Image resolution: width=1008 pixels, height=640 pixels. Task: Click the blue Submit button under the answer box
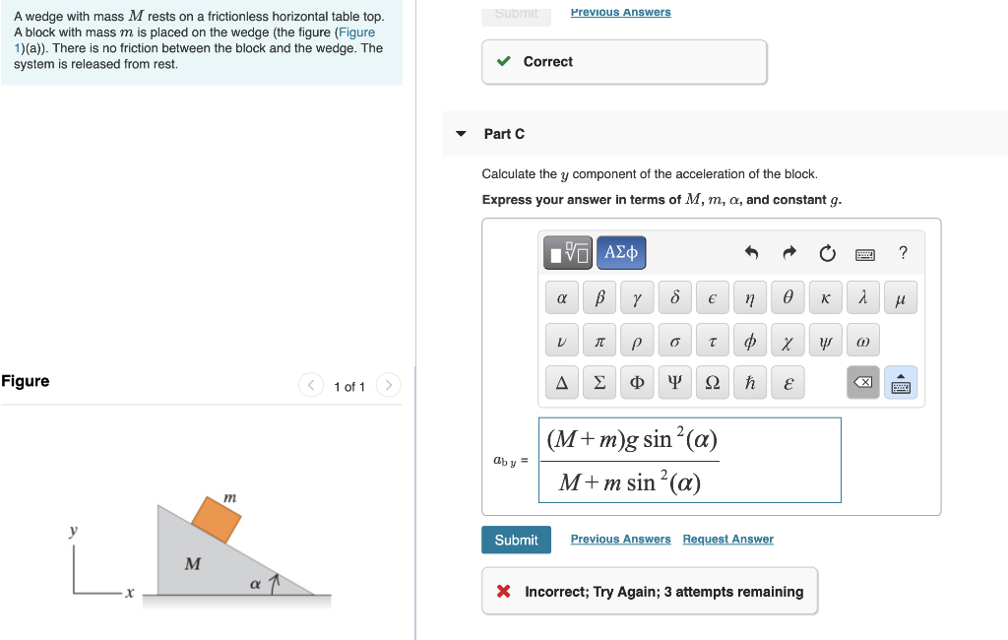tap(516, 540)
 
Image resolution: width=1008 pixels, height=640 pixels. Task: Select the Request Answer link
tap(727, 540)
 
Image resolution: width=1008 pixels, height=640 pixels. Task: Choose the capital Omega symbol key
tap(712, 382)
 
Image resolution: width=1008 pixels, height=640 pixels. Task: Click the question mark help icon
tap(903, 253)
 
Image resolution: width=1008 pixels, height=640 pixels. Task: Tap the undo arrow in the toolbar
tap(751, 254)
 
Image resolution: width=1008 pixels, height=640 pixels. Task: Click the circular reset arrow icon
tap(827, 254)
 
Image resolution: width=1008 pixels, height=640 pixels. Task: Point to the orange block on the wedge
tap(217, 519)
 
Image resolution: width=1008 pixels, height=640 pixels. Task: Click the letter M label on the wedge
tap(193, 564)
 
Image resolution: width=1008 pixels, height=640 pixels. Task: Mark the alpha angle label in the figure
tap(255, 584)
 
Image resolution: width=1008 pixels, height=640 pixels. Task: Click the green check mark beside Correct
tap(504, 62)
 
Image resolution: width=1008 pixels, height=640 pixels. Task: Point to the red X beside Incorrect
tap(503, 592)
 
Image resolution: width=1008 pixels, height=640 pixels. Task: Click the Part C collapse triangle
tap(461, 134)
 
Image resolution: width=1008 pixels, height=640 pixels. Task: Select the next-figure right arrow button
tap(388, 385)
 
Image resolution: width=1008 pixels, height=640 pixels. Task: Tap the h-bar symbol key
tap(750, 382)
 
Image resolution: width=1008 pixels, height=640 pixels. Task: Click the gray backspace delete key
tap(863, 382)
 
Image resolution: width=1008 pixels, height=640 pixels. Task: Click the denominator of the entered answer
tap(629, 482)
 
